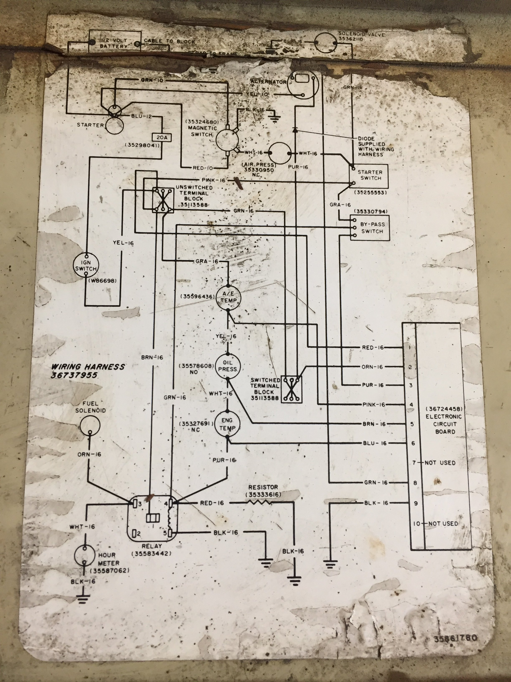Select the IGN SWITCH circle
pyautogui.click(x=86, y=265)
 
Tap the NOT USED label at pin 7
pyautogui.click(x=440, y=463)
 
